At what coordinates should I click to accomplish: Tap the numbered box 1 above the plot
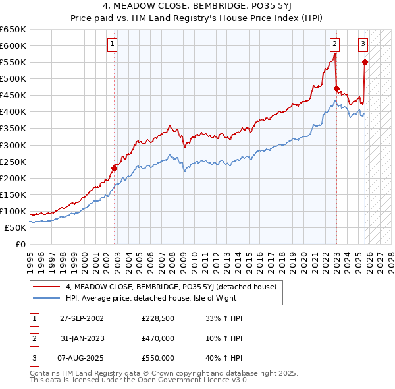click(113, 44)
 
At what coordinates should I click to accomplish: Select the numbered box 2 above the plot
click(334, 44)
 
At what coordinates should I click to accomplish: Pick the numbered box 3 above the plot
click(363, 44)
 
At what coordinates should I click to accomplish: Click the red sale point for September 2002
click(114, 168)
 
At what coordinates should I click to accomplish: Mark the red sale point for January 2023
click(336, 88)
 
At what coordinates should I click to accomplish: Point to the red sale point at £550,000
click(365, 62)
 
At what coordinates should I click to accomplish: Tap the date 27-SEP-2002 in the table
click(82, 318)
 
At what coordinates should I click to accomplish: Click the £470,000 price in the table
click(158, 338)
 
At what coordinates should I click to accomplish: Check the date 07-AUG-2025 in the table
click(82, 358)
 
